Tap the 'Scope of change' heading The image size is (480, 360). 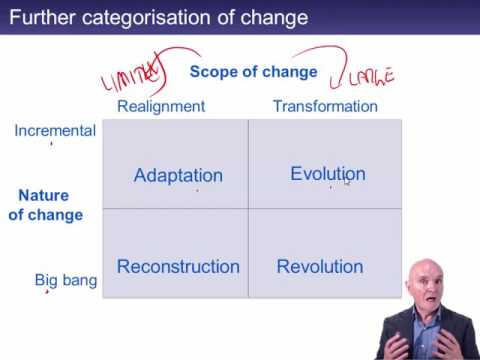coord(253,72)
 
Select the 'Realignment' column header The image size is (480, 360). coord(161,106)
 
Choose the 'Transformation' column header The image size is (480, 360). coord(325,106)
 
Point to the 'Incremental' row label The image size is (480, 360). coord(55,130)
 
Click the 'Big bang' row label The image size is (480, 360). coord(66,280)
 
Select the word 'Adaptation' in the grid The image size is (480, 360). coord(178,176)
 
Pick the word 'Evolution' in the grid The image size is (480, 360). coord(327,174)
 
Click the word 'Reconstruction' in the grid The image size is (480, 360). coord(178,267)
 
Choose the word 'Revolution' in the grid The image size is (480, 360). coord(320,267)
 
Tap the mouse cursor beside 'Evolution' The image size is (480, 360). coord(347,182)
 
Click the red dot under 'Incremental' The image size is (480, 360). coord(52,144)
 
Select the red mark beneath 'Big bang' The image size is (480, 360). coord(47,292)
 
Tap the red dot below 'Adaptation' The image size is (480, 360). coord(196,189)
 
